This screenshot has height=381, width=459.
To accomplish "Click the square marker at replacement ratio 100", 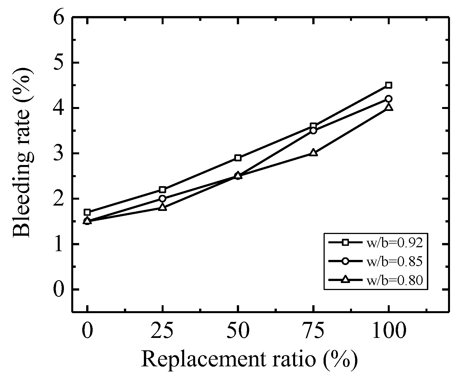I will [389, 85].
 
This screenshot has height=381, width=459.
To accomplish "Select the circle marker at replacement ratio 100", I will [389, 99].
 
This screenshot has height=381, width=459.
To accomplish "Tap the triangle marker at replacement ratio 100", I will [389, 107].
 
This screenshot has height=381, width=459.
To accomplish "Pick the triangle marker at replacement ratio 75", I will [313, 153].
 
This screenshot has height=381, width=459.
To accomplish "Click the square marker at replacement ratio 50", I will [238, 158].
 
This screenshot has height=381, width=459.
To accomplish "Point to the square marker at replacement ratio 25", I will [162, 189].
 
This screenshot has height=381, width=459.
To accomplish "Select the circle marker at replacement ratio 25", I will [162, 199].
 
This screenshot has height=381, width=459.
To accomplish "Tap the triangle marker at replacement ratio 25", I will [162, 208].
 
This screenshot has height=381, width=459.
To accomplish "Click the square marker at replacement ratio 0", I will [87, 212].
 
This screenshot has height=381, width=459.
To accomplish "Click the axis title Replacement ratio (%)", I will [249, 359].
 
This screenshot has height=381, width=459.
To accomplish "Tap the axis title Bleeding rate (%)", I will [23, 153].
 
